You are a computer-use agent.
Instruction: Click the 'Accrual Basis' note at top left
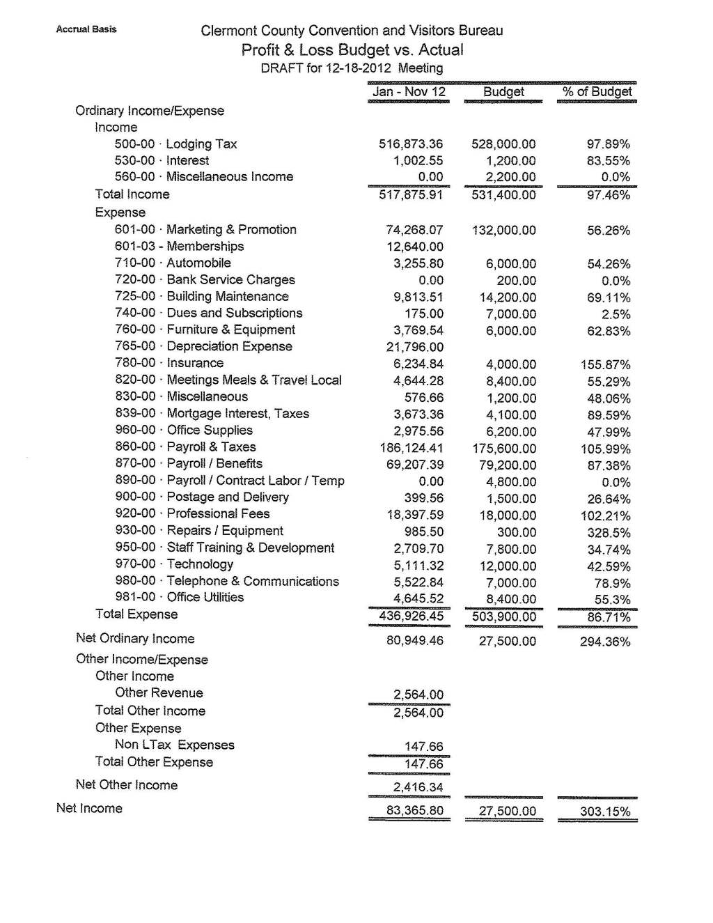[x=86, y=29]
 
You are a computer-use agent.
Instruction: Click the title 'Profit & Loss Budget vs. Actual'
[x=352, y=50]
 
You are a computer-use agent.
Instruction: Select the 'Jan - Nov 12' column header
[x=409, y=92]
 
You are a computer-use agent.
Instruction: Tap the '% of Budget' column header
[x=597, y=92]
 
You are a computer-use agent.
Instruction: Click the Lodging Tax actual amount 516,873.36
[x=410, y=144]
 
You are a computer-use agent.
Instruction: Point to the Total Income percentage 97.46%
[x=608, y=195]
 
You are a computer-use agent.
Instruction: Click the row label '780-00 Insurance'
[x=169, y=363]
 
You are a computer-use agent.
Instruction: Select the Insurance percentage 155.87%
[x=605, y=364]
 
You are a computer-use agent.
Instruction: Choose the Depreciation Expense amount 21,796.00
[x=414, y=347]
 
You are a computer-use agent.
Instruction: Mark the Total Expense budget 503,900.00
[x=503, y=617]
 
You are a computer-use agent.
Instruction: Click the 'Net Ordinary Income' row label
[x=135, y=639]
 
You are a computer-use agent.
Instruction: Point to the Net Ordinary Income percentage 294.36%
[x=604, y=642]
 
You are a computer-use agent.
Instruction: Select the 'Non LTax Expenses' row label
[x=175, y=745]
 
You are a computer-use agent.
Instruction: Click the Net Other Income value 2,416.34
[x=418, y=787]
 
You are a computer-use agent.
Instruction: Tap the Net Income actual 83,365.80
[x=414, y=811]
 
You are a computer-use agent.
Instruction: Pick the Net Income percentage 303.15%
[x=604, y=812]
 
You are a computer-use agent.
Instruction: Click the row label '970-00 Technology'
[x=174, y=564]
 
